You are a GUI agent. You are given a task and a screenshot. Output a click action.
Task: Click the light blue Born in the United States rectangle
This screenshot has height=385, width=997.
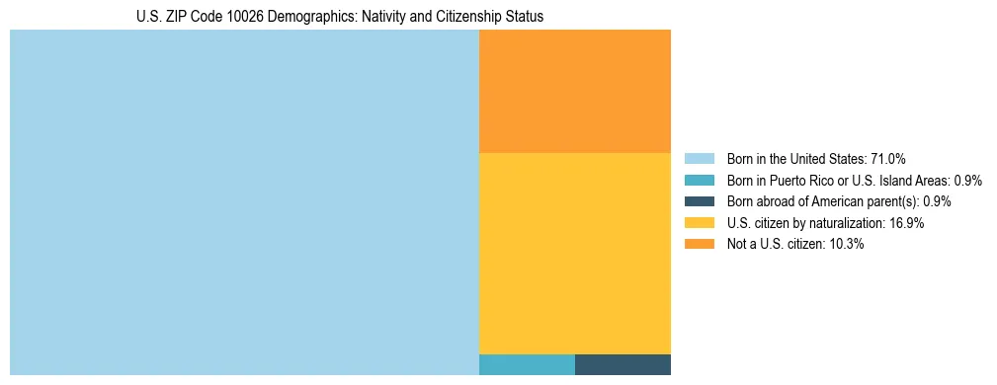coord(244,202)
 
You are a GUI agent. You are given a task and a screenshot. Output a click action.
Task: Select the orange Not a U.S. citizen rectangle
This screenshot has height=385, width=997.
coord(574,91)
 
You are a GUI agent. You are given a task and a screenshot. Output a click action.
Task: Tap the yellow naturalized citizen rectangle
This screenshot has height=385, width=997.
coord(574,253)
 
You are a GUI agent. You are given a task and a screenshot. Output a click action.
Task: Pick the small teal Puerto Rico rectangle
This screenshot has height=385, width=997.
coord(527,364)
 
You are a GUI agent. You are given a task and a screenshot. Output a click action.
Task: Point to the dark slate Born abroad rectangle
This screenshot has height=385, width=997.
coord(623,364)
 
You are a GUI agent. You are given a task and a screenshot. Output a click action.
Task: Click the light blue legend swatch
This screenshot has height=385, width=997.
coord(699,158)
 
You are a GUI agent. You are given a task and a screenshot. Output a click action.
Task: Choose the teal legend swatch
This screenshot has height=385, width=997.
coord(699,180)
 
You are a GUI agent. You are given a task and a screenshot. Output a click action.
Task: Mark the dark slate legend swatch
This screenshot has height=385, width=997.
coord(699,201)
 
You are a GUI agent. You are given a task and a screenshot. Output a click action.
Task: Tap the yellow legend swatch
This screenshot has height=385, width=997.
coord(699,223)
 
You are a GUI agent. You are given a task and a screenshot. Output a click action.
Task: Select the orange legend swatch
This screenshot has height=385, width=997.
coord(699,244)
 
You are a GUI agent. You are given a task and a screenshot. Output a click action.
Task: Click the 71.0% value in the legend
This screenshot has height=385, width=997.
coord(888,158)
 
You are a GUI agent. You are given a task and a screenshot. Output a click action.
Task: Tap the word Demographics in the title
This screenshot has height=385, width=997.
coord(304,17)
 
